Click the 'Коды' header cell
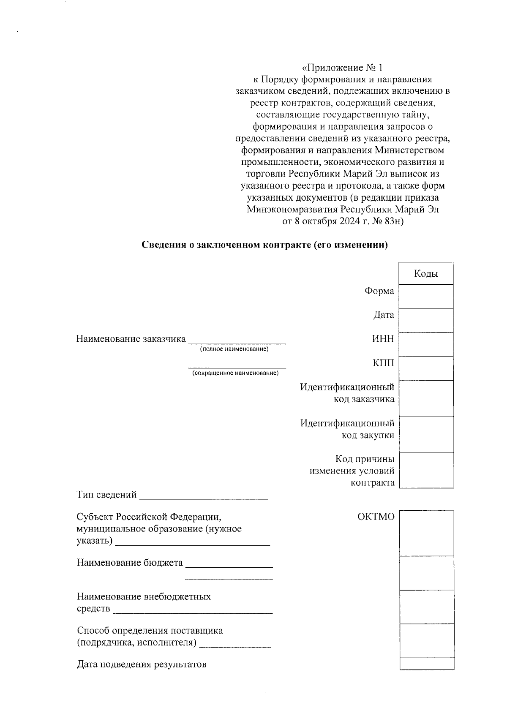426,274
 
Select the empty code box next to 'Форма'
426,296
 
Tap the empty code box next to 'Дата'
426,320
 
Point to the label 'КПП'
383,363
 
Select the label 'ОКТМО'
376,517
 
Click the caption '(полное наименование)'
234,349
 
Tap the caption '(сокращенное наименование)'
235,373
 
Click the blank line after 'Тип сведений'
204,498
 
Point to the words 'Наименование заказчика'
131,339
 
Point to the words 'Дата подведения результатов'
142,664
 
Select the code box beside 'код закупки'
426,434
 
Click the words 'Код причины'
365,459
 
